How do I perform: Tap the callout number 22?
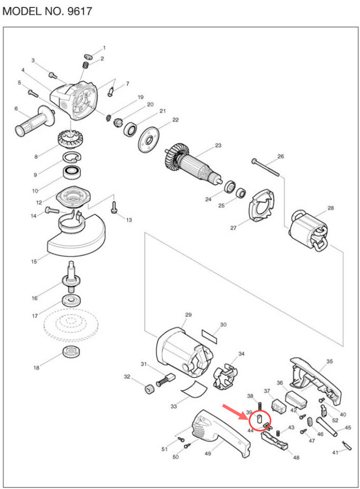(x=175, y=120)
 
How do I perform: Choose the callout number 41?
(x=335, y=453)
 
